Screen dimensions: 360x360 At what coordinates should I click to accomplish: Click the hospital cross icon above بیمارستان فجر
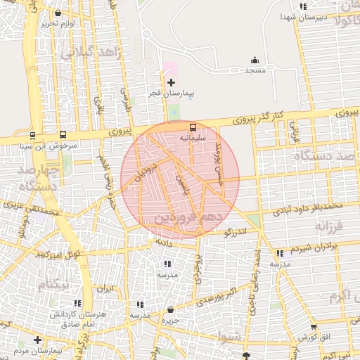171,83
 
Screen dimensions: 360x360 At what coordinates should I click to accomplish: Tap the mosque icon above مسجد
255,61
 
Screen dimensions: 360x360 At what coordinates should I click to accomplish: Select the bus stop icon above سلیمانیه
193,128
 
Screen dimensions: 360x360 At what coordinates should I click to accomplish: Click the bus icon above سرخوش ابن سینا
63,134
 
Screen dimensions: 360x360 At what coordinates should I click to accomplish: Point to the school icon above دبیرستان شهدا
303,7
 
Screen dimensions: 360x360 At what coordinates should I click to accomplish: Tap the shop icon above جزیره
171,310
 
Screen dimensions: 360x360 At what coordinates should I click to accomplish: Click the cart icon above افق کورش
313,327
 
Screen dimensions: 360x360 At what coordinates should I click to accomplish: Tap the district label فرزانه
328,228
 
